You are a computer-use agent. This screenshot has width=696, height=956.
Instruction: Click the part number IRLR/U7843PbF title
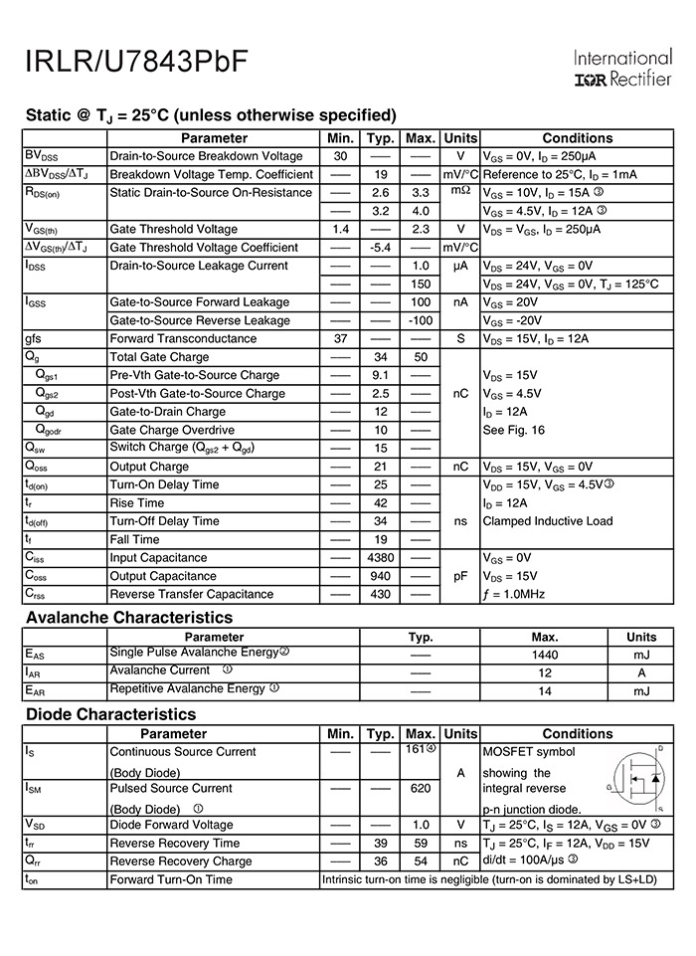136,62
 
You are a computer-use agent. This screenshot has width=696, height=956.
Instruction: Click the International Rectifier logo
623,68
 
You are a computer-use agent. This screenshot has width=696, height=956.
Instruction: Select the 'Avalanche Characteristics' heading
129,618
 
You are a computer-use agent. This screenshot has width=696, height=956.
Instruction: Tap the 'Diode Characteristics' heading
111,714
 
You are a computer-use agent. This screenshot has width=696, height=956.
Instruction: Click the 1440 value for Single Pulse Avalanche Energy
545,655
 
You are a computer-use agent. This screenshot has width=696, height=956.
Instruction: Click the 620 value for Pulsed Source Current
421,789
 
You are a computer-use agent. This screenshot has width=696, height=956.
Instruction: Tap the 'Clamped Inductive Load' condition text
548,521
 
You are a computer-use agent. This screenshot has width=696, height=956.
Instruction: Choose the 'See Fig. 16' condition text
514,430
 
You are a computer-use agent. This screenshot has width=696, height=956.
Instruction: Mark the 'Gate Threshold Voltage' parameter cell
174,230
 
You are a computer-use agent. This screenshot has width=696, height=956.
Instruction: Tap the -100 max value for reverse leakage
421,320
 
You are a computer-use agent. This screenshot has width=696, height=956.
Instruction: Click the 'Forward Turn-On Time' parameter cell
171,879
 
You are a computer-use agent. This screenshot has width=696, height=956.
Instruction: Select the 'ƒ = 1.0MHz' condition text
514,594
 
